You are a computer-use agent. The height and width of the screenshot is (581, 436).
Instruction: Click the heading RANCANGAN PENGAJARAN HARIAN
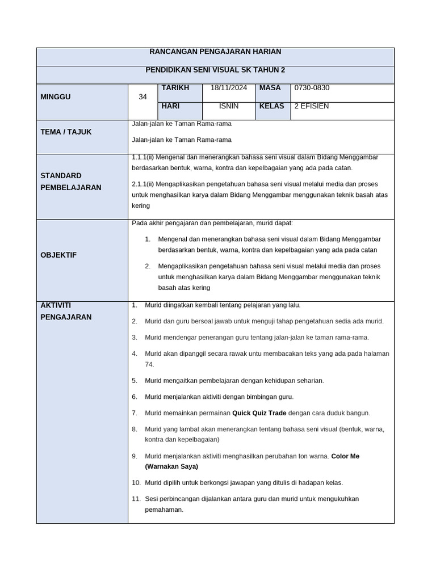click(x=215, y=52)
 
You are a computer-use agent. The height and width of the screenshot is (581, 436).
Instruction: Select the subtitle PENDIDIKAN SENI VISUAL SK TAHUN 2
click(x=215, y=70)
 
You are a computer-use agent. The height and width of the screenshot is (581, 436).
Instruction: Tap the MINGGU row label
click(x=56, y=97)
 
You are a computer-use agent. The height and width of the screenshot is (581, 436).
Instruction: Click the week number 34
click(x=142, y=97)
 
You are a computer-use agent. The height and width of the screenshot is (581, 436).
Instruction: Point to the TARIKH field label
click(x=175, y=88)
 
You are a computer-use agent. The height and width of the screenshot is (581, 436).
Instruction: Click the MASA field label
click(x=270, y=88)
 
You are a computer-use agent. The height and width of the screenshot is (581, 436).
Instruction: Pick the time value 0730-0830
click(x=312, y=88)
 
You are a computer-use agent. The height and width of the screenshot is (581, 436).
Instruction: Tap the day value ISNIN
click(x=228, y=106)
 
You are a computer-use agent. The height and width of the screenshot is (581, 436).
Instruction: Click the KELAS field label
click(x=271, y=106)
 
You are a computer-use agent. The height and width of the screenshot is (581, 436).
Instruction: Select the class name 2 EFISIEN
click(x=311, y=106)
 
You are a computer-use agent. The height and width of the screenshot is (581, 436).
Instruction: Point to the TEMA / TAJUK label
click(x=66, y=132)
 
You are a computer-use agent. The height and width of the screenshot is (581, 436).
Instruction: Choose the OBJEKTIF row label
click(x=58, y=255)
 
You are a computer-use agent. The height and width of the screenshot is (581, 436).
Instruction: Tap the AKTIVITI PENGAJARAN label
click(x=65, y=311)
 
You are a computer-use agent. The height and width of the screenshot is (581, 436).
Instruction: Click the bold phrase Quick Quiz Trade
click(x=259, y=413)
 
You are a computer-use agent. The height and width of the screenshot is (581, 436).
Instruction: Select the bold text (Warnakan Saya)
click(x=171, y=466)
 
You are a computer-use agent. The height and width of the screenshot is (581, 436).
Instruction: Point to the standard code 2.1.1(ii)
click(x=144, y=184)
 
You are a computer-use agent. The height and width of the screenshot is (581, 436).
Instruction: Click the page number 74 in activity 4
click(x=149, y=364)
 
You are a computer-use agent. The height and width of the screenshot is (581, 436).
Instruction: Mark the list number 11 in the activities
click(x=136, y=499)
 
